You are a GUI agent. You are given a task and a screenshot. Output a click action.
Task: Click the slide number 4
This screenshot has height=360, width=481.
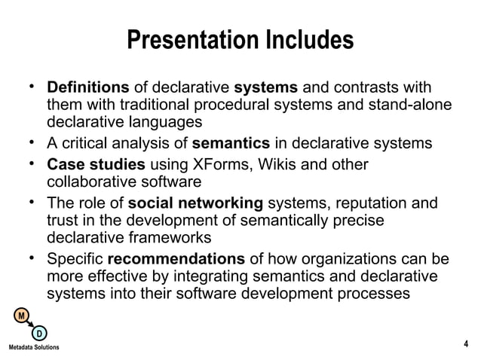point(465,345)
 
